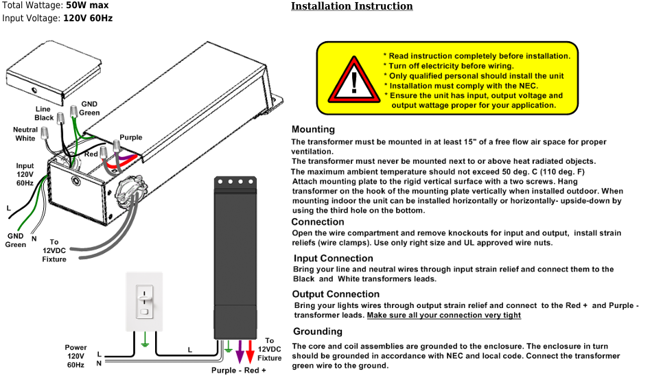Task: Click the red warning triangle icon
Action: (x=354, y=80)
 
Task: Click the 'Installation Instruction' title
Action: (x=352, y=6)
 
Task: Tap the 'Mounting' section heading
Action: (x=313, y=130)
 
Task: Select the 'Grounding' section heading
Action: (x=318, y=331)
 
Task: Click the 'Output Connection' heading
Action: (x=336, y=294)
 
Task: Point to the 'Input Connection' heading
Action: (x=333, y=259)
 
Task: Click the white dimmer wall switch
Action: (x=144, y=301)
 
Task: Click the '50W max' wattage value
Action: (x=87, y=5)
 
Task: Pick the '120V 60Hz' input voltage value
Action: (x=88, y=18)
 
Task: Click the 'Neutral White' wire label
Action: (x=25, y=134)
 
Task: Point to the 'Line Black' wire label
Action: (x=44, y=113)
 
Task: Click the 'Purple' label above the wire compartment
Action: (x=130, y=137)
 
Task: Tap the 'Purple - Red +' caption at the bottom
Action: (x=238, y=370)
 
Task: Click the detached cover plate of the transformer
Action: (x=54, y=72)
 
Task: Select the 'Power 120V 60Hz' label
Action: (x=75, y=356)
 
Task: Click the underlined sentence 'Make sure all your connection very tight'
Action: (x=444, y=316)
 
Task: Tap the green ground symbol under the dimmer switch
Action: (x=145, y=340)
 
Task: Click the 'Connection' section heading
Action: (x=318, y=222)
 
